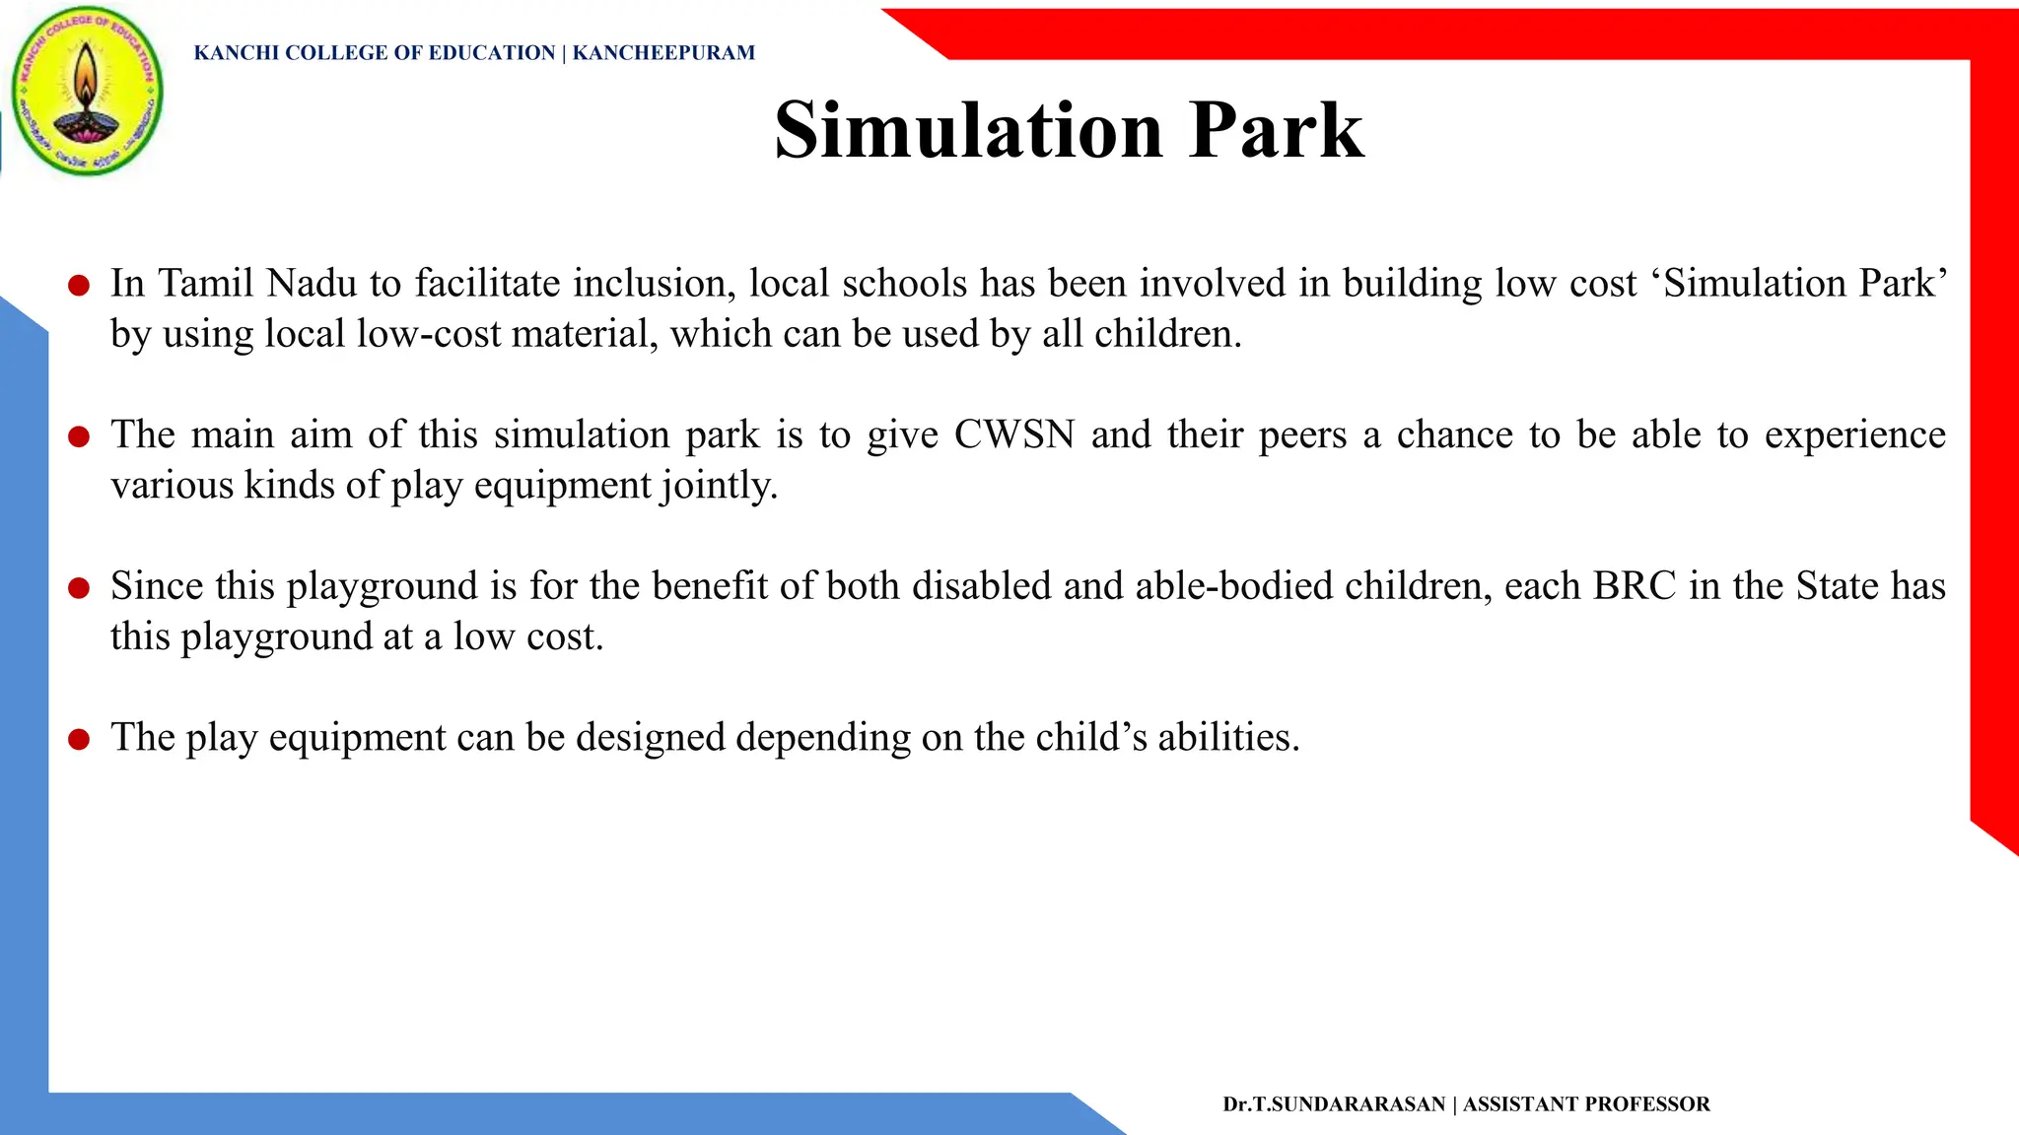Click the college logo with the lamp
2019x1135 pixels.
tap(87, 92)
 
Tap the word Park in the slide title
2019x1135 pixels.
tap(1276, 130)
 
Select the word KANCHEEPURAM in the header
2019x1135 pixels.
tap(663, 53)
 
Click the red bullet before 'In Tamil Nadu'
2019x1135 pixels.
tap(79, 286)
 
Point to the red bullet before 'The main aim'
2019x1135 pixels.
tap(79, 436)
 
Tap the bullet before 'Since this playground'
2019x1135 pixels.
tap(79, 588)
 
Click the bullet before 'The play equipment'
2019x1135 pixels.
tap(79, 739)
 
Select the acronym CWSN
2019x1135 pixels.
tap(1013, 434)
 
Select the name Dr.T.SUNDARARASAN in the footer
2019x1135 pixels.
tap(1334, 1104)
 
